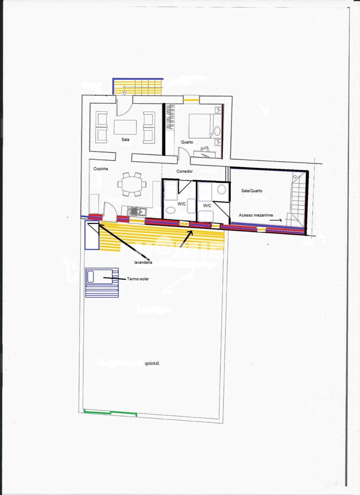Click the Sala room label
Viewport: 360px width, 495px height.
[x=125, y=139]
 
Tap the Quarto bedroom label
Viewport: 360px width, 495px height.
[x=187, y=142]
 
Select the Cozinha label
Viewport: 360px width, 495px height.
[x=101, y=169]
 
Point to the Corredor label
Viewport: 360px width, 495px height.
[x=185, y=171]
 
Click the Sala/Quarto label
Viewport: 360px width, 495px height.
[x=252, y=191]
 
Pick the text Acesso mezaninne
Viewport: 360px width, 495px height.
[x=256, y=215]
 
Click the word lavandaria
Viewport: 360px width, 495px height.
[x=143, y=262]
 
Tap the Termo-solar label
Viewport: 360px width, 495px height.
[x=138, y=279]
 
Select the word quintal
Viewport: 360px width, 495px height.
[x=152, y=363]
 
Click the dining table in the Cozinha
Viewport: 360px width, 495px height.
[x=132, y=184]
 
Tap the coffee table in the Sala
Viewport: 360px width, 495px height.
[x=125, y=127]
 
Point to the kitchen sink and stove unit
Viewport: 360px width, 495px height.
[x=137, y=211]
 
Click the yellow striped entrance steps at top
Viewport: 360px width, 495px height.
[x=138, y=87]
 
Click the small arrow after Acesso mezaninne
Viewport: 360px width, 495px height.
[x=276, y=220]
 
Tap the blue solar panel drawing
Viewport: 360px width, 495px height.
[x=102, y=283]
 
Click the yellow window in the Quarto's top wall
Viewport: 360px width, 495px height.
[x=191, y=100]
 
